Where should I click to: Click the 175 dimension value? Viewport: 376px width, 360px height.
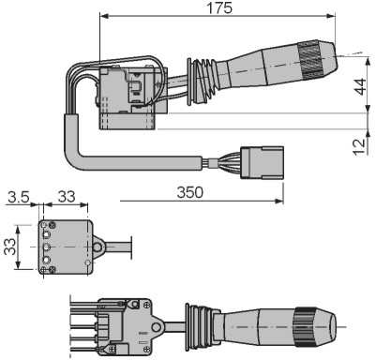point(220,7)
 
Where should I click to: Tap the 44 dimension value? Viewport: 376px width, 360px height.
point(361,87)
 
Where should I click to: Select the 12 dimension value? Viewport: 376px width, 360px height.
point(360,146)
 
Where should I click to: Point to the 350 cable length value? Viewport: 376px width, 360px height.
point(190,192)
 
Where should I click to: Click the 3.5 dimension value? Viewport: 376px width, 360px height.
point(19,197)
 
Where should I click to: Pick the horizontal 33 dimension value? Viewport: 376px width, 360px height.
point(67,197)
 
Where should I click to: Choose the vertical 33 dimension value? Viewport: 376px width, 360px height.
point(9,247)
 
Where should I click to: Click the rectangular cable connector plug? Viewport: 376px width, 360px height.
point(262,162)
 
